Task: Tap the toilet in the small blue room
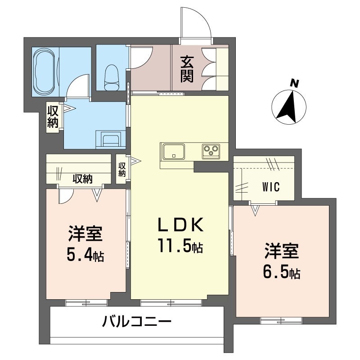(111, 77)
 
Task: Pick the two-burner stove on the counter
(210, 151)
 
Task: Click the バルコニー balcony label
(137, 322)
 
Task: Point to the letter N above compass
(295, 83)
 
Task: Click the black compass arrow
(289, 107)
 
